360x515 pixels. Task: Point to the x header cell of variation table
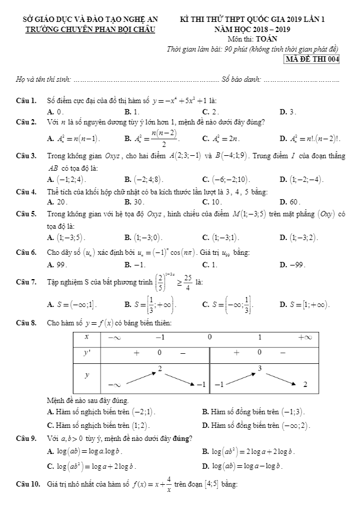pyautogui.click(x=86, y=337)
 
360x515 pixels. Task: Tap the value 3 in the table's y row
pyautogui.click(x=259, y=368)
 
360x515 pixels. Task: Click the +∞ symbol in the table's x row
pyautogui.click(x=304, y=337)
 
